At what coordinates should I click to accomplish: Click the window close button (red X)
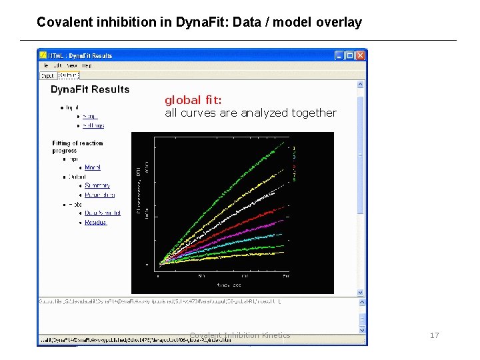pos(361,55)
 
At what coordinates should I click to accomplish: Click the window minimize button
pos(339,55)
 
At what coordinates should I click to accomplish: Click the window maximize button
pos(350,55)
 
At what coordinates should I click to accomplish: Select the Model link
pos(93,167)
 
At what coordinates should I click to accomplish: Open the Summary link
pos(97,185)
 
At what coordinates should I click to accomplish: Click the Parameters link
pos(99,195)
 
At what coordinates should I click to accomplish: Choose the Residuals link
pos(96,222)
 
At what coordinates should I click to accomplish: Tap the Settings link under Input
pos(93,125)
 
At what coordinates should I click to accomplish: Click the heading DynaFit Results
pos(90,89)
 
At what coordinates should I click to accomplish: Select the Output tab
pos(67,75)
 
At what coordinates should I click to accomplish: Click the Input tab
pos(48,75)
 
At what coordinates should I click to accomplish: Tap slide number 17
pos(434,335)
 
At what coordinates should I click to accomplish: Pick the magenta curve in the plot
pos(253,230)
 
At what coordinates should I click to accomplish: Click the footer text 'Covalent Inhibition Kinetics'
pos(240,335)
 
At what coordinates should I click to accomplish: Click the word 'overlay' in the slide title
pos(339,22)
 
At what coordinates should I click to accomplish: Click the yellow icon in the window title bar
pos(43,55)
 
